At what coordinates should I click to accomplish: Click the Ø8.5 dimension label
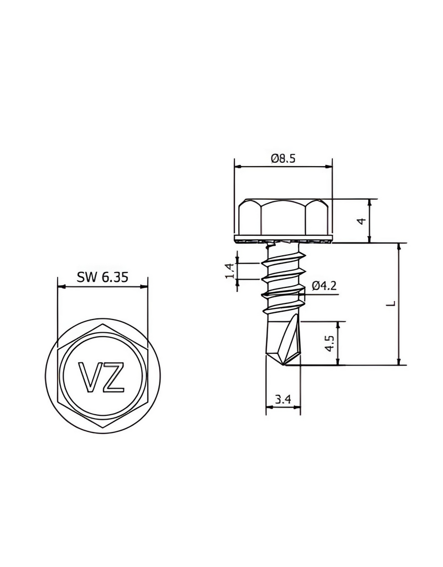283,158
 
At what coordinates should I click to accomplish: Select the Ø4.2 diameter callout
324,286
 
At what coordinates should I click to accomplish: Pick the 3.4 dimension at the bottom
284,399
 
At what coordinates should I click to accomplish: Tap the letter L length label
391,303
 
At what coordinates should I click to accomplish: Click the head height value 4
362,220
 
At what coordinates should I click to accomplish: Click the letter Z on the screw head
113,378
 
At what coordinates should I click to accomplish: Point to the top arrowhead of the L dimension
399,246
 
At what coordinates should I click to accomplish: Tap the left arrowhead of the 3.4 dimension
269,408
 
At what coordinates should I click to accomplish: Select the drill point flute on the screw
289,341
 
